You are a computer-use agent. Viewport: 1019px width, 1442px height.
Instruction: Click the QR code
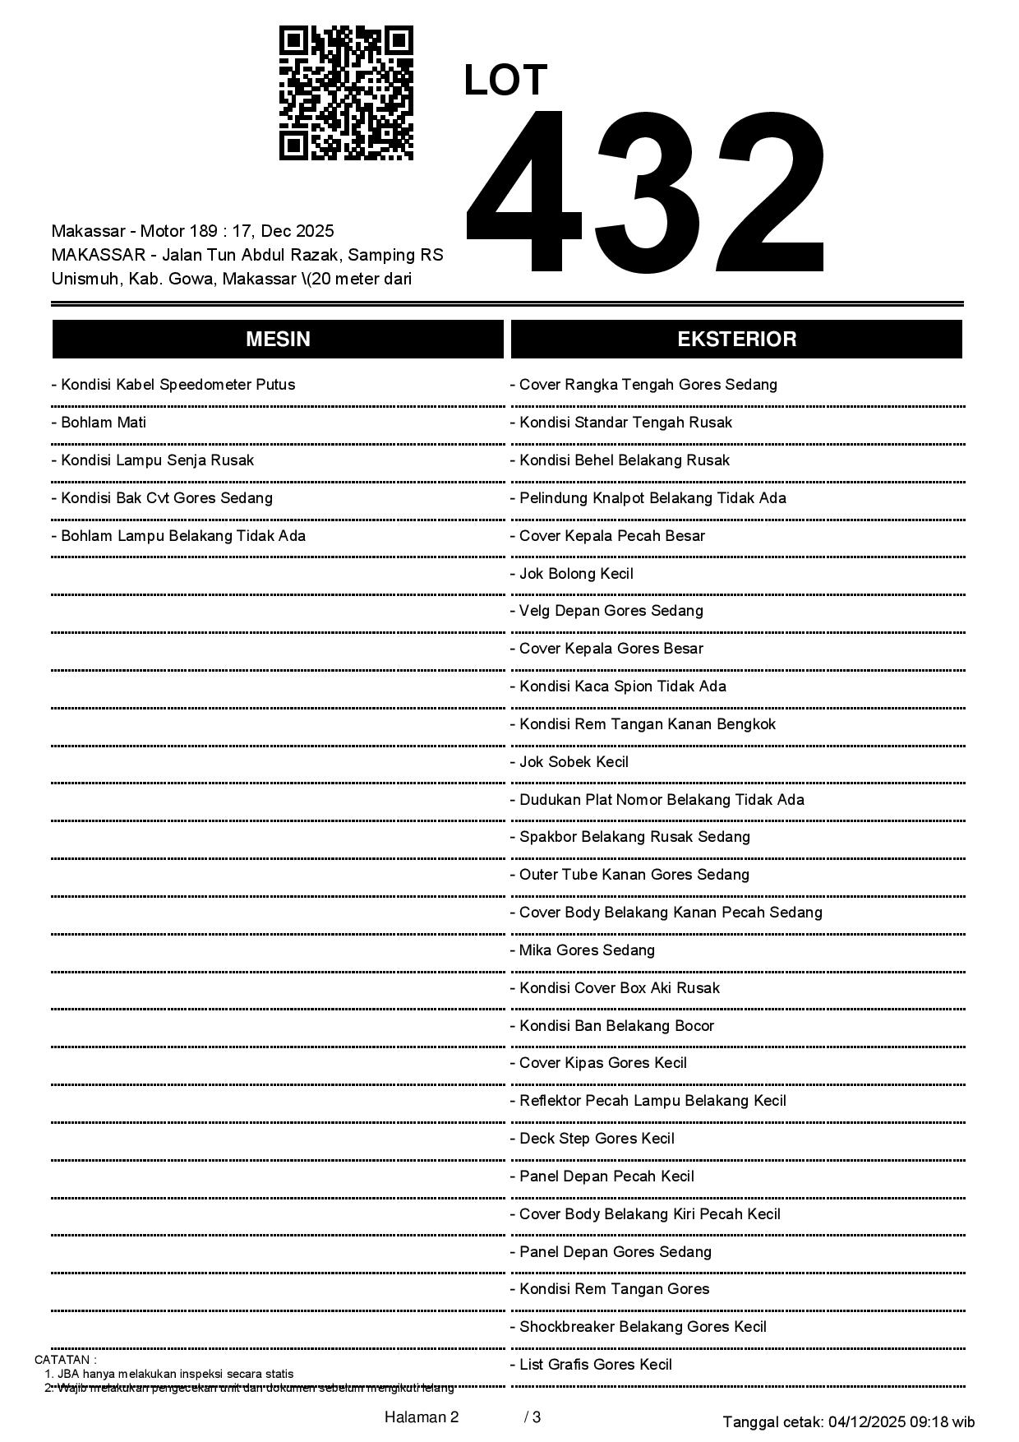[346, 93]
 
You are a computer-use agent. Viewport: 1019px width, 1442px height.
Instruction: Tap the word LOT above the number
[505, 81]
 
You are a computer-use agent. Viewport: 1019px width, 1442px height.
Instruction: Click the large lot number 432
[645, 192]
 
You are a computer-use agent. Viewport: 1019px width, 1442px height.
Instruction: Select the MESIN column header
[278, 340]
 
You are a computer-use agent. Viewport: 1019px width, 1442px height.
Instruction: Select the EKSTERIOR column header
[736, 340]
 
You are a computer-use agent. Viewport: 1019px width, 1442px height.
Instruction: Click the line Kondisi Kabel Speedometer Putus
[173, 385]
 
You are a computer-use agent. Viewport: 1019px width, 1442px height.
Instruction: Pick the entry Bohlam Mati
[99, 423]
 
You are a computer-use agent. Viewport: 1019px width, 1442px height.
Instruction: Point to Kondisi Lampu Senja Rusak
[153, 460]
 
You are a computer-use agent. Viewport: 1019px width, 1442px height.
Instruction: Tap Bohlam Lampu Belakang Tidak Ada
[178, 536]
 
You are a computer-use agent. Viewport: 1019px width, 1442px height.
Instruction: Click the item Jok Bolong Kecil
[572, 574]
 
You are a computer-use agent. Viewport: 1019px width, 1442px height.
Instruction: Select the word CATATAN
[63, 1360]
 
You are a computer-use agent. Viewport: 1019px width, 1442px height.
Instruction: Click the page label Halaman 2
[421, 1417]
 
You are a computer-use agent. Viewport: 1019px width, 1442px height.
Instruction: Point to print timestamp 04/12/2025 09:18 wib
[901, 1421]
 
